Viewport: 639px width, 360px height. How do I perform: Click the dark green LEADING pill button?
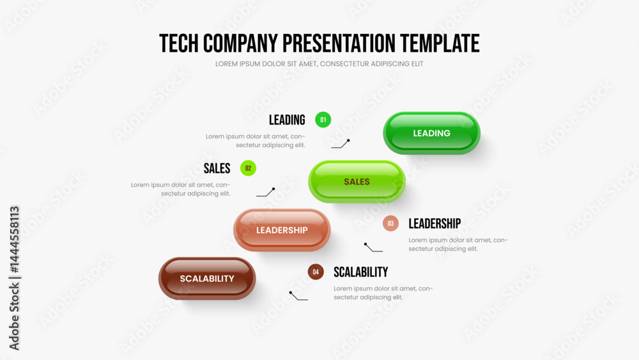[x=431, y=133]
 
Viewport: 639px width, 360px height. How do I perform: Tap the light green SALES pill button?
[x=357, y=182]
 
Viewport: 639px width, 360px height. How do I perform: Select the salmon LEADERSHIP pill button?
[x=282, y=230]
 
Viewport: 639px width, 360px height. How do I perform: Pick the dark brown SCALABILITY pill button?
[x=207, y=278]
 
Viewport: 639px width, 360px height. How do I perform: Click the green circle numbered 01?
[x=323, y=120]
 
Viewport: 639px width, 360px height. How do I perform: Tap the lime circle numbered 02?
[x=248, y=168]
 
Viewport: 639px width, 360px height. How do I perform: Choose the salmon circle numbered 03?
[x=390, y=223]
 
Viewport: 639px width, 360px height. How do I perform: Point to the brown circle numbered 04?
[x=316, y=272]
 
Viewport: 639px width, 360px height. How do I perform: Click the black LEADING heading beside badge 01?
[x=287, y=120]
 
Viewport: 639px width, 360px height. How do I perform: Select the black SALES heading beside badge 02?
[x=217, y=168]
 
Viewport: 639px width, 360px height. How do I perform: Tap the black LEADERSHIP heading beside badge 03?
[x=435, y=223]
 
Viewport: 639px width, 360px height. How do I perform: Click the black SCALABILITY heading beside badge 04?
[x=360, y=272]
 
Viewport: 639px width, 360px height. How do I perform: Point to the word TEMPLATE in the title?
[x=440, y=43]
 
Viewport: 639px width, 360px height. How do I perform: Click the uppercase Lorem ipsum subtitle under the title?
[x=319, y=64]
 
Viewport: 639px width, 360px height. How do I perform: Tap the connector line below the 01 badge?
[x=341, y=144]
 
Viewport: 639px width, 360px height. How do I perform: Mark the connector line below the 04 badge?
[x=298, y=296]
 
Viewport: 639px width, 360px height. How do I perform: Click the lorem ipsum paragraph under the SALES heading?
[x=180, y=189]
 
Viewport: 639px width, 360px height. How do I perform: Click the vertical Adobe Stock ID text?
[x=14, y=278]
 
